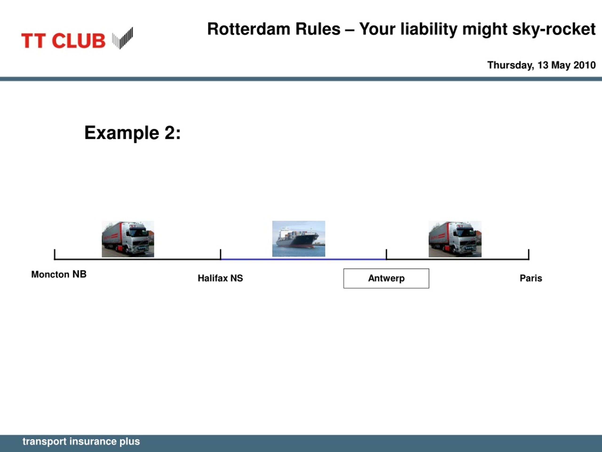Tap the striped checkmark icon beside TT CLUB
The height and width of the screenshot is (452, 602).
pos(123,38)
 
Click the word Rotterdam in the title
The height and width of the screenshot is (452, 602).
pos(274,29)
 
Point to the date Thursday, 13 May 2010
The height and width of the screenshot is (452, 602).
pos(542,65)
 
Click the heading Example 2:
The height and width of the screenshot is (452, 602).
pos(133,133)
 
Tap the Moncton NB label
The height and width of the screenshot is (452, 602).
pos(59,274)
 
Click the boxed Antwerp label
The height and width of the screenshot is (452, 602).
pos(386,278)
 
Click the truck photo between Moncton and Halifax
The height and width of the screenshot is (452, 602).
pos(128,239)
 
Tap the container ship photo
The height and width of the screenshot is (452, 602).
pos(299,239)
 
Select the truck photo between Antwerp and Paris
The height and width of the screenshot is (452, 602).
pos(455,239)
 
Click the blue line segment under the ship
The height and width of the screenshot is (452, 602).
pos(303,259)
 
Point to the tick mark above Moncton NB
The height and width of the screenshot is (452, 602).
pos(55,254)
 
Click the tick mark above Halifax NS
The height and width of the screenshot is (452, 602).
pos(220,254)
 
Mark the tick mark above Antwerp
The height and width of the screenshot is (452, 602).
pos(386,254)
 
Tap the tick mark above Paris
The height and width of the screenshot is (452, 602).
pos(529,254)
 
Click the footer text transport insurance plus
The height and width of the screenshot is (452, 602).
pos(81,442)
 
